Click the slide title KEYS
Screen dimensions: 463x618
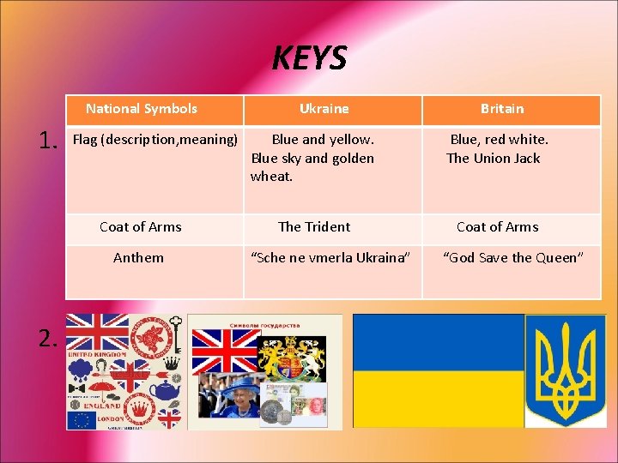(x=309, y=58)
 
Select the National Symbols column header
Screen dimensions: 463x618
(x=142, y=109)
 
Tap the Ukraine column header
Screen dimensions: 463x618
(x=324, y=109)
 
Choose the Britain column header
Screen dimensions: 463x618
(x=502, y=109)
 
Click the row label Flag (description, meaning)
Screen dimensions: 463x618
(x=154, y=139)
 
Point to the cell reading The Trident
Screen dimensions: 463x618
(x=314, y=227)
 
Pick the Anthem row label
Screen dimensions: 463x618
(x=138, y=258)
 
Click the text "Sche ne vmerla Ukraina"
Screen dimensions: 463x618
(x=330, y=258)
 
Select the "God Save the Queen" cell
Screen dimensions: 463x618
(x=513, y=258)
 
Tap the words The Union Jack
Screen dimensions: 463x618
(x=494, y=159)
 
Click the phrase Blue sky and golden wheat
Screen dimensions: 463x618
(x=312, y=167)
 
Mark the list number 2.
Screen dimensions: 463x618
(x=49, y=340)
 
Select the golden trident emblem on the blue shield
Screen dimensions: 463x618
(x=565, y=370)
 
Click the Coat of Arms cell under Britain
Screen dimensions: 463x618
(x=498, y=227)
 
